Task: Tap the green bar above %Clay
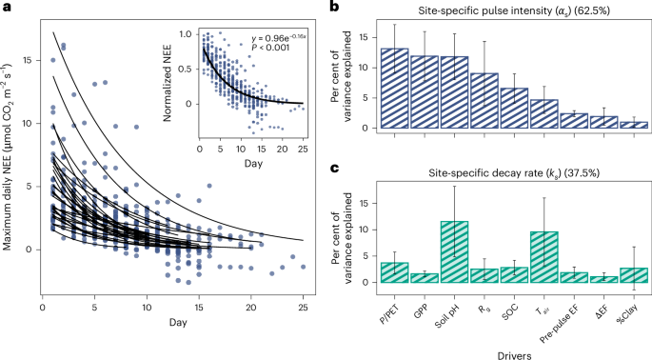633,275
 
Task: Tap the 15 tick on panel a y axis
30,59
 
